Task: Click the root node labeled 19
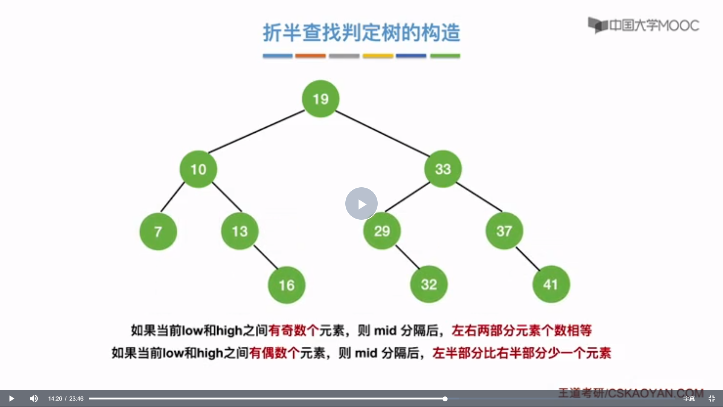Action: point(320,99)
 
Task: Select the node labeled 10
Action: point(198,169)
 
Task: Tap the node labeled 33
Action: point(443,169)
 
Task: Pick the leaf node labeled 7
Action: point(158,231)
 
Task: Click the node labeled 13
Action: point(239,231)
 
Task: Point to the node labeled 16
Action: point(287,285)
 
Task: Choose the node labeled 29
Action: point(382,231)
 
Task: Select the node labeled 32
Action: point(429,284)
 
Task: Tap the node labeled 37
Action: point(504,231)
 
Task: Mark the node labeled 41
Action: point(551,284)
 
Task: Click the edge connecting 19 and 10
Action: point(256,132)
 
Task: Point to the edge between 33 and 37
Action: point(479,197)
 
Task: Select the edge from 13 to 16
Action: point(266,257)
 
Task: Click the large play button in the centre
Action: point(361,203)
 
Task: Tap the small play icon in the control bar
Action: point(11,398)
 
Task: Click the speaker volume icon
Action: point(34,398)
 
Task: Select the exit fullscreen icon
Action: point(712,398)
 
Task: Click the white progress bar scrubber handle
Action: point(445,399)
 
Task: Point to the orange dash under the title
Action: point(310,56)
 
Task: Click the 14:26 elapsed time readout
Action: point(55,399)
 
